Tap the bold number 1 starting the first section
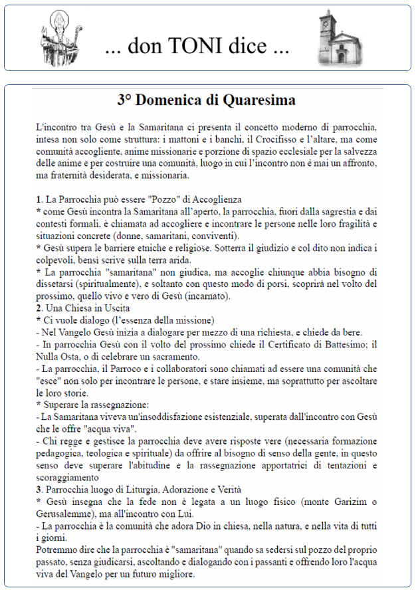(x=39, y=200)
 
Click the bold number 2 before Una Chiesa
(x=39, y=308)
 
